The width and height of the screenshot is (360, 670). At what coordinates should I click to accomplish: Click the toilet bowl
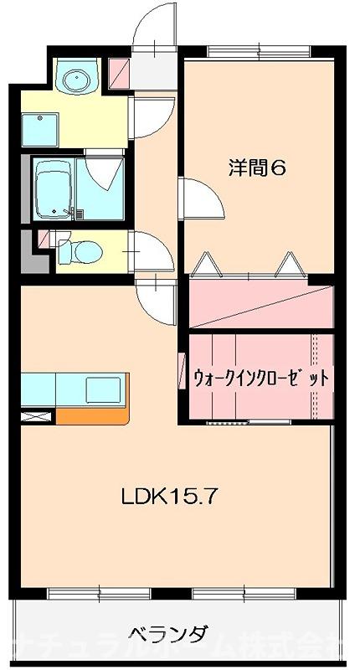point(85,250)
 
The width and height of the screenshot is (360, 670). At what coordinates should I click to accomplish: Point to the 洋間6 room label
point(258,167)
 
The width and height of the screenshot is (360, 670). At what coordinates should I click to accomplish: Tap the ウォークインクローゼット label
point(260,377)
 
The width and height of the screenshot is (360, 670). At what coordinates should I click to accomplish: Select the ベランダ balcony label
point(167,632)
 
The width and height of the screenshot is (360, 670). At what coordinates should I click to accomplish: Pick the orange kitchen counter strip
point(92,415)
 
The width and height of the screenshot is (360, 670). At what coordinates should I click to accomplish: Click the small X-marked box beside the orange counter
point(38,416)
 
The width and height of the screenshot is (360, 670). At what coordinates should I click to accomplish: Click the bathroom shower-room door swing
point(104,172)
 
